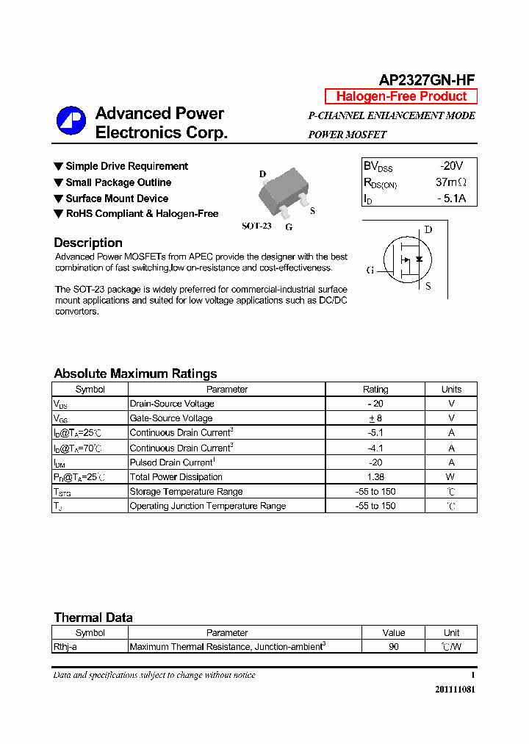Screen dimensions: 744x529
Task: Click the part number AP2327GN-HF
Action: click(427, 80)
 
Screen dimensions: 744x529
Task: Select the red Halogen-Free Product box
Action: click(401, 96)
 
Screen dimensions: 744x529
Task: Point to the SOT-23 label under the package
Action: click(256, 226)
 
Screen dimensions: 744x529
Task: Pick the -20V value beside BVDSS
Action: click(451, 166)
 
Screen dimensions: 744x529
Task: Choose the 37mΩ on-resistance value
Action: click(450, 182)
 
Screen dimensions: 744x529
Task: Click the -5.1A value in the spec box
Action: click(450, 198)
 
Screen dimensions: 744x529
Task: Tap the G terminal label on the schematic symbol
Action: click(370, 270)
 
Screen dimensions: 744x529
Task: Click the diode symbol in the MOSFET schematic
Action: click(419, 260)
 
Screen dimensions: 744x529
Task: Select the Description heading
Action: click(88, 243)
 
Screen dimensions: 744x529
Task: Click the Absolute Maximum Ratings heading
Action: click(135, 373)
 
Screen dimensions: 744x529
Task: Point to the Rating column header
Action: click(375, 390)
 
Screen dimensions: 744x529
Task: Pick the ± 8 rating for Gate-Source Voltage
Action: click(375, 418)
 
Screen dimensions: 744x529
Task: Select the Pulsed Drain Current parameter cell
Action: click(172, 462)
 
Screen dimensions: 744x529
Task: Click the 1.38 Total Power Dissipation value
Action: click(375, 477)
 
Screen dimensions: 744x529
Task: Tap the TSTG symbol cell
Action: click(62, 492)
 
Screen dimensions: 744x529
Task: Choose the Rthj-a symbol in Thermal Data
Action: click(65, 647)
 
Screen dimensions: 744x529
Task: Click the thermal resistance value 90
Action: click(394, 647)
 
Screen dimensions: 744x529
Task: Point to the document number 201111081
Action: click(454, 690)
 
